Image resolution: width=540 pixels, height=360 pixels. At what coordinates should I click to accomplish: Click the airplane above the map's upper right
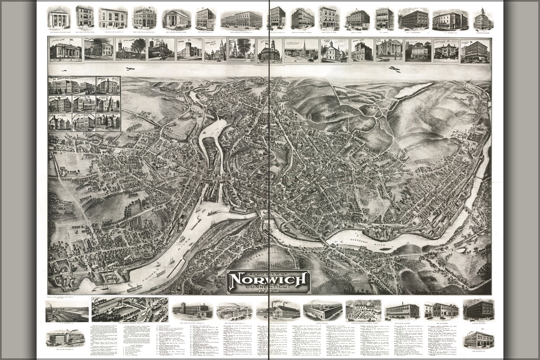coord(393,69)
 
